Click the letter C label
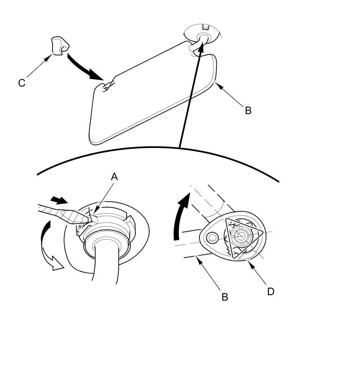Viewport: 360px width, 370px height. click(22, 83)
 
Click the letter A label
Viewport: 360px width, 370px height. click(114, 177)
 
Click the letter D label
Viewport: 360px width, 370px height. click(270, 291)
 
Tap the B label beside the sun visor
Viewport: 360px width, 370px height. click(248, 111)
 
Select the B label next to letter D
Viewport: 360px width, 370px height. click(225, 297)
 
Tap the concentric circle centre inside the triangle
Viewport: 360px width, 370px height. click(240, 237)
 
